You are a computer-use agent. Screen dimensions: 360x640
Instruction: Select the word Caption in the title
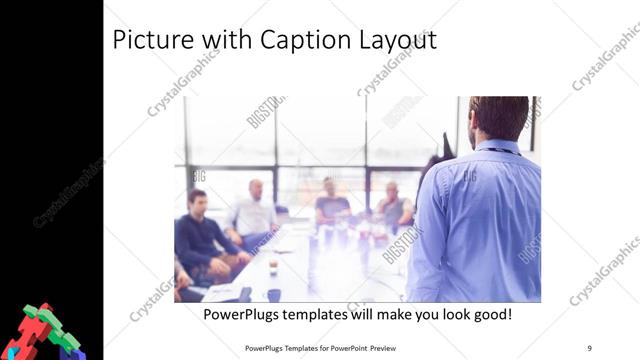tap(295, 41)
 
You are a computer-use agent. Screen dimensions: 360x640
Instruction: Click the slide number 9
tap(589, 348)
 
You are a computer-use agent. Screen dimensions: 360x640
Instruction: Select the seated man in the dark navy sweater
tap(200, 235)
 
